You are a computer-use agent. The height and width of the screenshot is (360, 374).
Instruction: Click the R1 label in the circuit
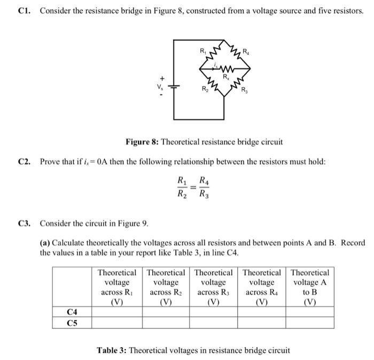point(202,51)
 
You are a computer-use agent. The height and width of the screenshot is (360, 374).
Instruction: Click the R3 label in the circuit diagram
point(244,90)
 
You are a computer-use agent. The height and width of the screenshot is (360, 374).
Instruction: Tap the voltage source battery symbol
point(175,87)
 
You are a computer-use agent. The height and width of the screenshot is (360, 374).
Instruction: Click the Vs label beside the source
point(159,87)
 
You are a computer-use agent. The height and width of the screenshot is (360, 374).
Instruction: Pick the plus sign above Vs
point(159,78)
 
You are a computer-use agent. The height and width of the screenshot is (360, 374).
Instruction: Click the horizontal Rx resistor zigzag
point(227,69)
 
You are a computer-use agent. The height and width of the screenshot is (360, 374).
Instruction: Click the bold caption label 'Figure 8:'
point(142,142)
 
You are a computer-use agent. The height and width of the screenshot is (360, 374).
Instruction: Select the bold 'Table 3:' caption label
point(112,350)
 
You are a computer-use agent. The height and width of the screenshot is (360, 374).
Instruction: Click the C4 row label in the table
point(72,311)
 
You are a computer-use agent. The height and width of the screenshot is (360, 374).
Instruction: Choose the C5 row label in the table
point(72,322)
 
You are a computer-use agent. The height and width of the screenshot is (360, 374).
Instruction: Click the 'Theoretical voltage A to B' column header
point(310,287)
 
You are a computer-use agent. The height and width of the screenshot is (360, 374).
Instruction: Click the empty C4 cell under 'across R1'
point(117,311)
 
